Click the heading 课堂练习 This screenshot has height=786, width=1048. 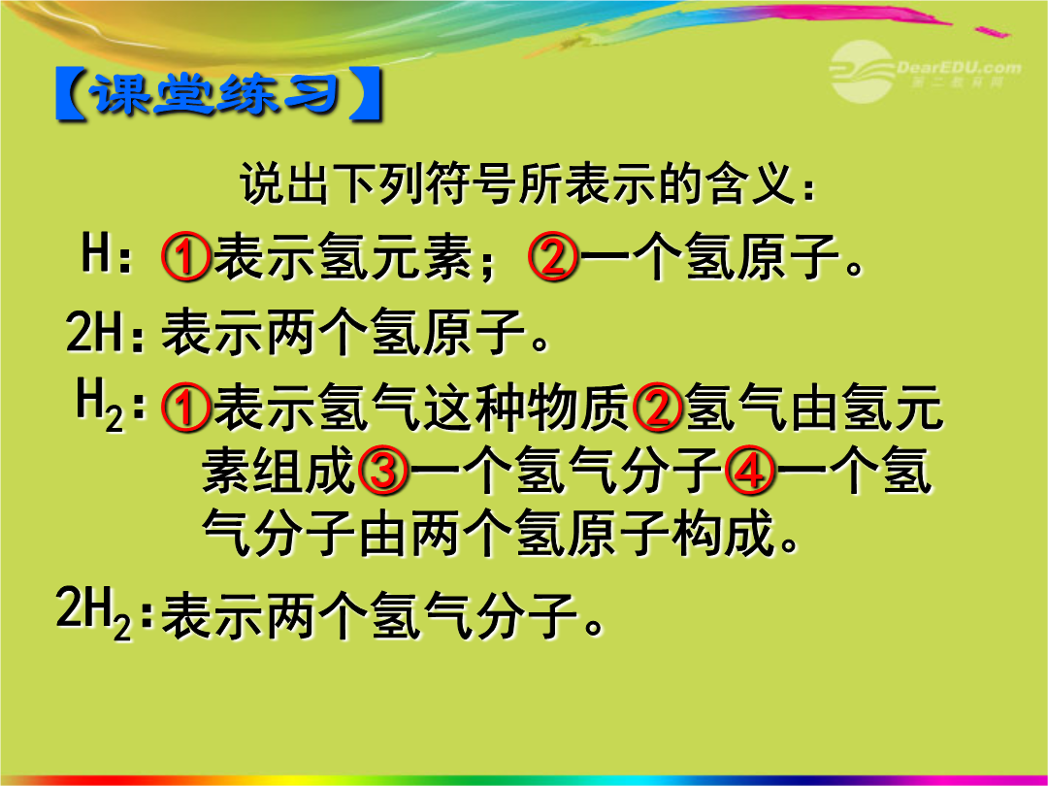(x=218, y=94)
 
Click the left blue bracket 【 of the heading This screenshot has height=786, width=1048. (x=71, y=94)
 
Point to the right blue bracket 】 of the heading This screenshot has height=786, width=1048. (x=366, y=94)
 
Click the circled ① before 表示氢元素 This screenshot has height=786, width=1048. (x=185, y=256)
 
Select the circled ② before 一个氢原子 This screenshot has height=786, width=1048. (x=553, y=256)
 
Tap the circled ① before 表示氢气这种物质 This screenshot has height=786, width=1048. (x=185, y=407)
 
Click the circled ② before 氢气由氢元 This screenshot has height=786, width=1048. (x=657, y=407)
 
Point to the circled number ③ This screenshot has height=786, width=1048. (x=383, y=470)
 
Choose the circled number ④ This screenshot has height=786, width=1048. (x=749, y=470)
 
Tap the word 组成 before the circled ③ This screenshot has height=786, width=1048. (x=304, y=470)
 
